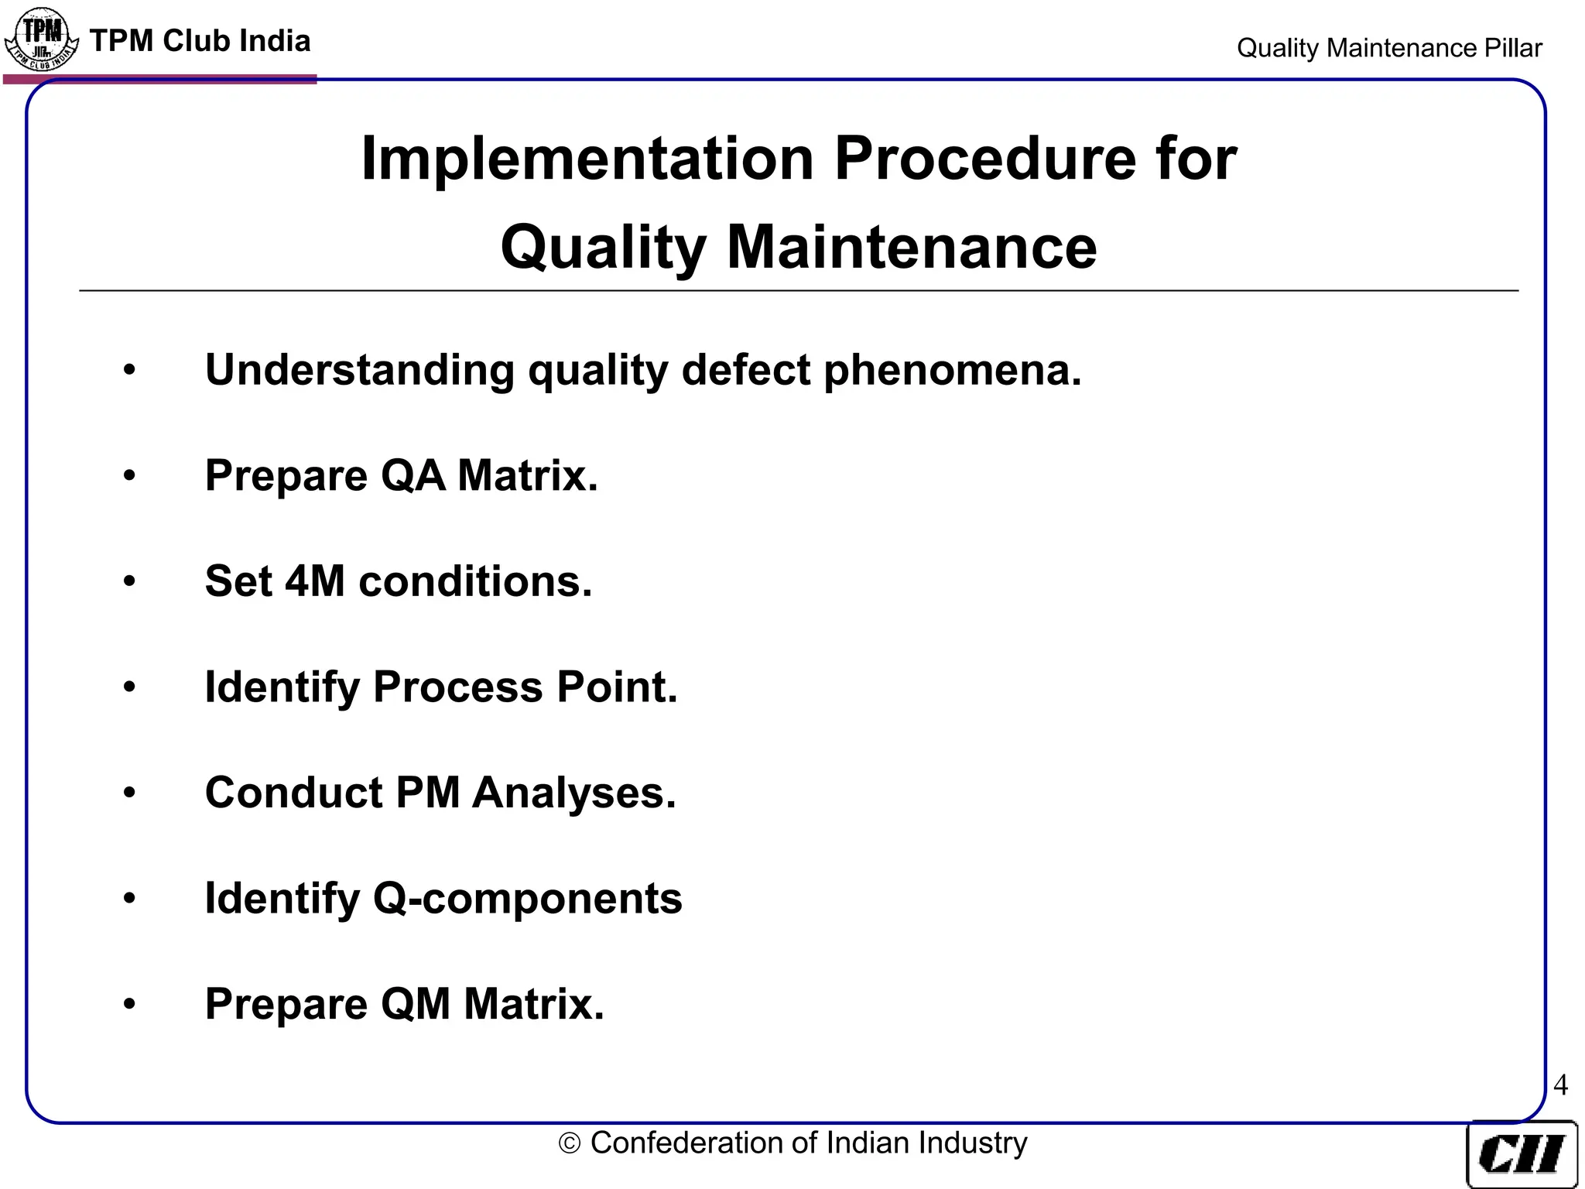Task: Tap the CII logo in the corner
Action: pos(1522,1154)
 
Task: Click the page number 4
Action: pos(1560,1085)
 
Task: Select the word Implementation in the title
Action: pos(587,159)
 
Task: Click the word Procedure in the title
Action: pos(985,159)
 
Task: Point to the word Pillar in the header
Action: pos(1512,48)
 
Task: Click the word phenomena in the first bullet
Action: pos(952,370)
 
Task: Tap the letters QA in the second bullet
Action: pos(413,475)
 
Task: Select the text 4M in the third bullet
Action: pos(315,581)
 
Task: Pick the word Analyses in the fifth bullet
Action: pos(573,793)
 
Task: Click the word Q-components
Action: pos(527,899)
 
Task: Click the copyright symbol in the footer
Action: pos(570,1144)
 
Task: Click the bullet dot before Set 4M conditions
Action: pos(129,581)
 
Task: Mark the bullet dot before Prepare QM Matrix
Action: pos(129,1004)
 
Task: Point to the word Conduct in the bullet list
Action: pos(293,793)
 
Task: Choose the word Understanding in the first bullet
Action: pos(360,370)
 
